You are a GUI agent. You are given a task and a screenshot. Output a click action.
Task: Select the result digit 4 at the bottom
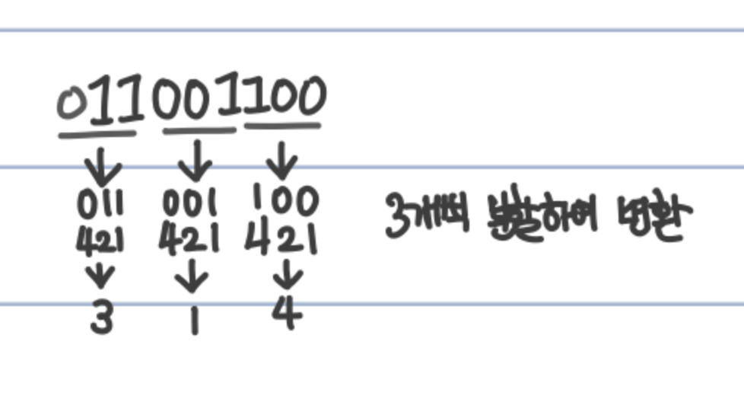[x=286, y=315]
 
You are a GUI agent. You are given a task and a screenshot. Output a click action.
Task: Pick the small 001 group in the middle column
[x=191, y=204]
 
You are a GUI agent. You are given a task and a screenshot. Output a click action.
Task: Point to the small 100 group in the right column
[x=285, y=202]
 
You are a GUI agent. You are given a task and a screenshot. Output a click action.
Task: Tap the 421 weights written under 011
[x=100, y=242]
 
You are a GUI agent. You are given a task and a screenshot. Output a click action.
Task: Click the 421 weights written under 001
[x=191, y=241]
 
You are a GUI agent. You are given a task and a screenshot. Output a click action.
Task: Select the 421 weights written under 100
[x=281, y=242]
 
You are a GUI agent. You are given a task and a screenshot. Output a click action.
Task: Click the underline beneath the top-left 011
[x=97, y=136]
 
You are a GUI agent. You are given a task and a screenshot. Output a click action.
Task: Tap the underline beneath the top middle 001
[x=199, y=130]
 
